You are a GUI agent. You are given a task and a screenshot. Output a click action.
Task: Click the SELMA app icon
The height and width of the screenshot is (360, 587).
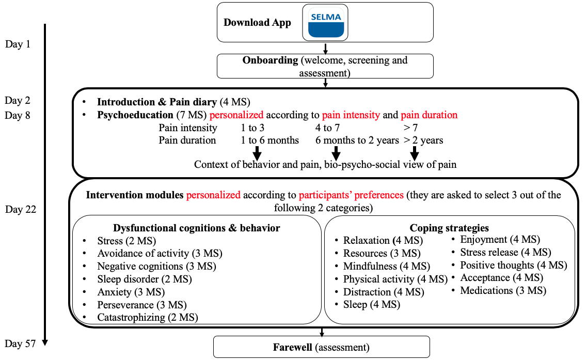[325, 23]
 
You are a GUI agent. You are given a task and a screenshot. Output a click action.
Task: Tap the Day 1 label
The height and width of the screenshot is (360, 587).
[18, 44]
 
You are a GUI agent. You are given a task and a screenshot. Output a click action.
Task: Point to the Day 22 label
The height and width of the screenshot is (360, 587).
[21, 209]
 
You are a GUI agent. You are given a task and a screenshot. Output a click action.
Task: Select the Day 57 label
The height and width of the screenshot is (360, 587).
[20, 343]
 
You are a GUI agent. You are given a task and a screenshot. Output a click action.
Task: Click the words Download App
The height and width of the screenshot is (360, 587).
[257, 23]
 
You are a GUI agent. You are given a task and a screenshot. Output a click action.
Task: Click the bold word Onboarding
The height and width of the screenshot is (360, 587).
[271, 60]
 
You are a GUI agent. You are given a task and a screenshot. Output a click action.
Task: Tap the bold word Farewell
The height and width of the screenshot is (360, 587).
[292, 347]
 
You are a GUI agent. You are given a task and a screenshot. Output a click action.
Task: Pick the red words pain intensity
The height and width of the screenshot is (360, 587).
[351, 115]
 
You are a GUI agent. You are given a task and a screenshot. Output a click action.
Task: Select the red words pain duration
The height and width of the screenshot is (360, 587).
[429, 115]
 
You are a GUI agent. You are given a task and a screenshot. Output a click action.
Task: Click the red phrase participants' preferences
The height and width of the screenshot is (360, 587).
[351, 195]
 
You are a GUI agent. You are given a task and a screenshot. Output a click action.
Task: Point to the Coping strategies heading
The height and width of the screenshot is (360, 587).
[449, 228]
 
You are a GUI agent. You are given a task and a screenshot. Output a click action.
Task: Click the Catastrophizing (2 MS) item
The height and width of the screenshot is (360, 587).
[148, 318]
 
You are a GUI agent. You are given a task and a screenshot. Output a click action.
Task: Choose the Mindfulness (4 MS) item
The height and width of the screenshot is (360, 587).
[387, 266]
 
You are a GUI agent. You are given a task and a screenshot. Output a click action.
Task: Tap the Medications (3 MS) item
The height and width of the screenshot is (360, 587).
[503, 290]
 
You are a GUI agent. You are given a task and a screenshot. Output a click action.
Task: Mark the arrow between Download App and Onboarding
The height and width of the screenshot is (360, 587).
[325, 49]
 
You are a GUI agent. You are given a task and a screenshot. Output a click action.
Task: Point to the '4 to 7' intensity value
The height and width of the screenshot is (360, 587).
[327, 128]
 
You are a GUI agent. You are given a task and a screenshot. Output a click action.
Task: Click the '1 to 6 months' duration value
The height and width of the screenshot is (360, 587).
[270, 140]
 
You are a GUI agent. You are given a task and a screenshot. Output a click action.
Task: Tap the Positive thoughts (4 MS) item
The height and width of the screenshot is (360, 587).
[514, 265]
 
